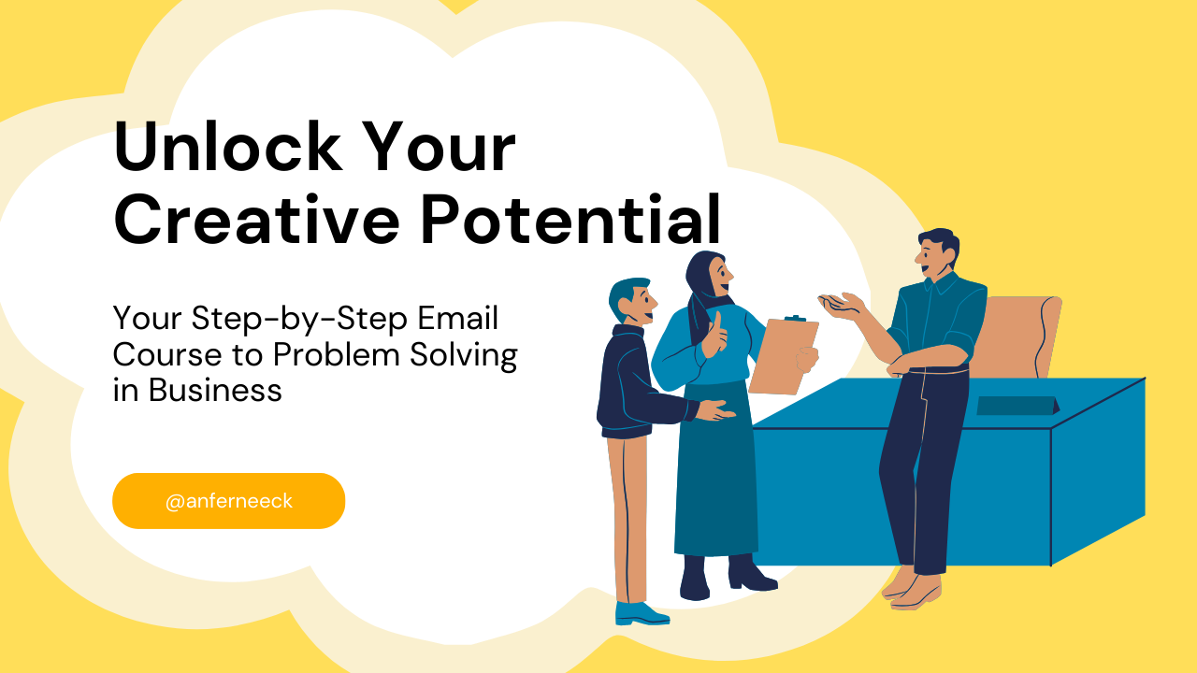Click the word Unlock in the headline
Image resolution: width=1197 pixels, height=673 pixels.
pos(224,148)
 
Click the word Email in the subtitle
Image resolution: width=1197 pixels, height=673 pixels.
pos(458,319)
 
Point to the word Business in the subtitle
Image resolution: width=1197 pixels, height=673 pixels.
pos(215,390)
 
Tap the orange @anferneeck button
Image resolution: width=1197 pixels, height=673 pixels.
pos(229,501)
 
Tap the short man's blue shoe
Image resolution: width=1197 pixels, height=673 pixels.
pos(641,613)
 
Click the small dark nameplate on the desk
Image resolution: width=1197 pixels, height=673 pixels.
pos(1017,405)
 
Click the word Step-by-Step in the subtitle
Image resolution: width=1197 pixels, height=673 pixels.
pos(300,319)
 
